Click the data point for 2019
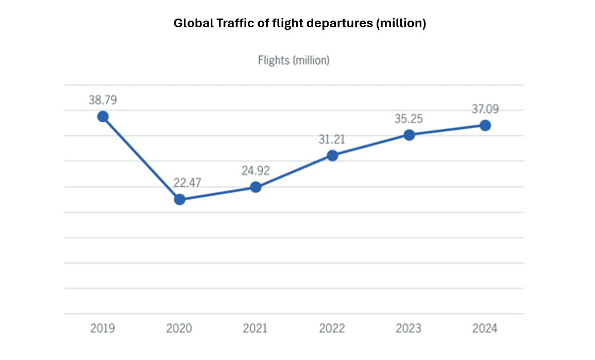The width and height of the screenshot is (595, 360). [x=103, y=116]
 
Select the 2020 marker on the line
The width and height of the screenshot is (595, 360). [x=179, y=199]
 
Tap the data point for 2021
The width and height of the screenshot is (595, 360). [x=256, y=187]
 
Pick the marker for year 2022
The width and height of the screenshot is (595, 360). [x=332, y=156]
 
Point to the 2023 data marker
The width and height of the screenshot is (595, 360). [x=409, y=135]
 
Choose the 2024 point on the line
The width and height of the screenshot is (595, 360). [x=485, y=125]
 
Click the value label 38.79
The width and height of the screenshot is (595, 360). [x=103, y=100]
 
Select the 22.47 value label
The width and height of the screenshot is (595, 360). [x=179, y=182]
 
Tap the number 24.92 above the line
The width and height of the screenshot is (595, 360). [x=256, y=170]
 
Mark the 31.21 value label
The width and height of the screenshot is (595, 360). [x=332, y=139]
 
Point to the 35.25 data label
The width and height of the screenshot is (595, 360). [x=409, y=119]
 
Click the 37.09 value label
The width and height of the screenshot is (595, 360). [x=485, y=109]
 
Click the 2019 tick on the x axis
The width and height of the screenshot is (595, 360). [x=103, y=329]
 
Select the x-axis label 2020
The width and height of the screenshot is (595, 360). [x=179, y=329]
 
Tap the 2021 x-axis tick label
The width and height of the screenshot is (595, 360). [x=256, y=329]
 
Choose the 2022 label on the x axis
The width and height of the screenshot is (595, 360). [x=332, y=329]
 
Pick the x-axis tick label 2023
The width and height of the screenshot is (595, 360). [x=409, y=329]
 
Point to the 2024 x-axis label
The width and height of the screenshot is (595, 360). [x=485, y=329]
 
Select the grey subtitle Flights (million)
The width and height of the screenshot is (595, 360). [x=294, y=60]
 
